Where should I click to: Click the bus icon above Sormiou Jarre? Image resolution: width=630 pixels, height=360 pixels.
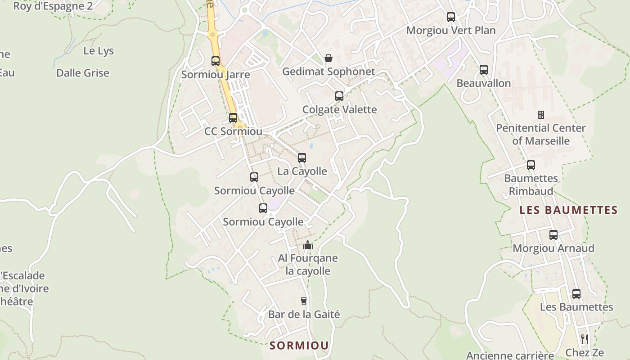click(x=216, y=61)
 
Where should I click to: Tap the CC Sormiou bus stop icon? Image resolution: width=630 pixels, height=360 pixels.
click(x=233, y=118)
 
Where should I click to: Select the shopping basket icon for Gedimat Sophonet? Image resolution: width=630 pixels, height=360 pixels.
click(x=328, y=58)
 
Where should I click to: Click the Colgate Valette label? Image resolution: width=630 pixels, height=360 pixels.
click(x=339, y=109)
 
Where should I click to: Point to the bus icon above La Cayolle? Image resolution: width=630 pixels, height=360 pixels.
click(x=302, y=158)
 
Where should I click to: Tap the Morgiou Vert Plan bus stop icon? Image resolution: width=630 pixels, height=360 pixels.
click(x=451, y=17)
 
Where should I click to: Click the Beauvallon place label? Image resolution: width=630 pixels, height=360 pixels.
click(x=484, y=83)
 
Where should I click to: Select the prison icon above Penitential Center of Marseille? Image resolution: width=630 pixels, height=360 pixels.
click(x=541, y=115)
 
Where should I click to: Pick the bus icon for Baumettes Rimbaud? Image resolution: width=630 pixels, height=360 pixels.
click(x=531, y=165)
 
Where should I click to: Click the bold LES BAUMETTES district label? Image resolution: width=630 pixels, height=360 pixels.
click(x=568, y=210)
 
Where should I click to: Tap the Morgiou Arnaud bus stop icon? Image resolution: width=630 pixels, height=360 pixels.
click(x=553, y=235)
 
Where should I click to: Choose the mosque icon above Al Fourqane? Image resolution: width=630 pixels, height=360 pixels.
click(x=308, y=245)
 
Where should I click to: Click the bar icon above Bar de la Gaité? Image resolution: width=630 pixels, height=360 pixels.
click(x=304, y=301)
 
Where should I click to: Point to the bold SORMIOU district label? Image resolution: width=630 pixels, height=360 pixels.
click(x=299, y=346)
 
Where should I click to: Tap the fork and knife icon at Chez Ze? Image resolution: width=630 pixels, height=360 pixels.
click(x=584, y=339)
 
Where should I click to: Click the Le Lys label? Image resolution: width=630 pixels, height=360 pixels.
click(x=99, y=51)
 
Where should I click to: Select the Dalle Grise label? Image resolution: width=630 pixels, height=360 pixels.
click(x=83, y=73)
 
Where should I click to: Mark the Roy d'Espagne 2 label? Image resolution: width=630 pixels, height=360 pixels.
click(x=53, y=6)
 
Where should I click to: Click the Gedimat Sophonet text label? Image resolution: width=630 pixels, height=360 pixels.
click(x=328, y=72)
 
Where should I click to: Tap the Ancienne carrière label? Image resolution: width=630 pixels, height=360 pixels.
click(x=510, y=355)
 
